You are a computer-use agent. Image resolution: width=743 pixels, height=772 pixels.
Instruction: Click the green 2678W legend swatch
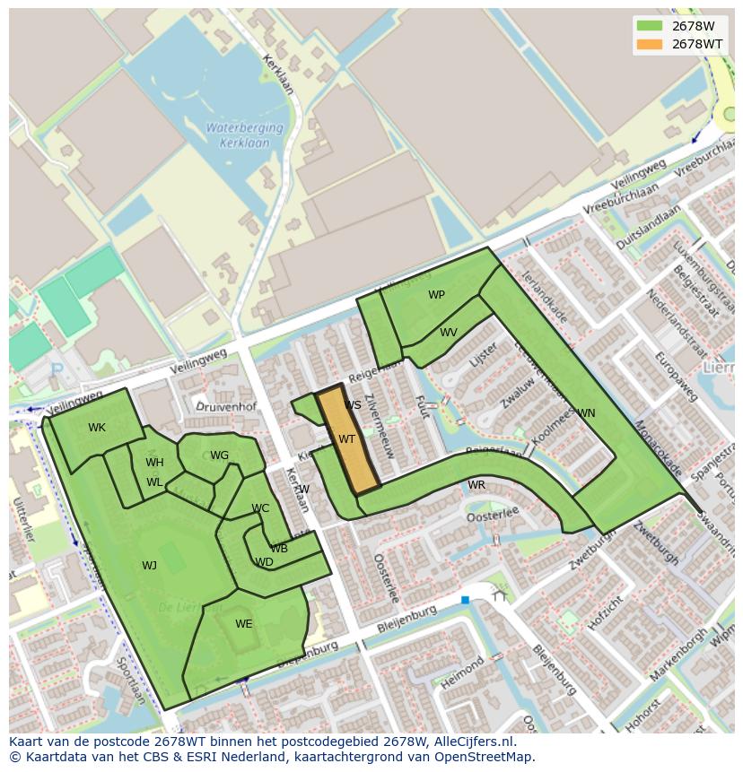649,26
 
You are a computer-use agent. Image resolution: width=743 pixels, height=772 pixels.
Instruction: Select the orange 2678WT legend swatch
649,44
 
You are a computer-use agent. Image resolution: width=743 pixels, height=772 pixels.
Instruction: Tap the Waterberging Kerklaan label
244,134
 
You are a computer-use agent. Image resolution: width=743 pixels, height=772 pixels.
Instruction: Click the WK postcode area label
97,428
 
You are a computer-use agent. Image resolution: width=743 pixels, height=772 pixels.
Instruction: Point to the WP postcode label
436,295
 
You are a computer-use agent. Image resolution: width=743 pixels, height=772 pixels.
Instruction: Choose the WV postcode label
449,333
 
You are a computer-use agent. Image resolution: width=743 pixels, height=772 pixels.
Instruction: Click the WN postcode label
586,413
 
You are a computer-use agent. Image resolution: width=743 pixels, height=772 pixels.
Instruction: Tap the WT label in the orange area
346,439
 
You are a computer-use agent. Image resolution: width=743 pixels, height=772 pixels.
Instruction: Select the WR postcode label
476,485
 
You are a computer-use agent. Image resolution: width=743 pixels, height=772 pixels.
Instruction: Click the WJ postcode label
149,566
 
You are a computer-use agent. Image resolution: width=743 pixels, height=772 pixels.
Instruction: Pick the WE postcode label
244,624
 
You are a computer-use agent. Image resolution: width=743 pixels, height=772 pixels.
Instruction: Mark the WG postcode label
220,455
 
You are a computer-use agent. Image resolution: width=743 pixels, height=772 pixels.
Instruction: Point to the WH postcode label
154,463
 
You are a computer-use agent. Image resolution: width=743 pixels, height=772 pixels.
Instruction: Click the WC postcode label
260,508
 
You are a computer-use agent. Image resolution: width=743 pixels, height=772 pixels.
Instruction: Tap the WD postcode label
264,563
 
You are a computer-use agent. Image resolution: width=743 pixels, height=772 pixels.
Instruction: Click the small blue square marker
465,600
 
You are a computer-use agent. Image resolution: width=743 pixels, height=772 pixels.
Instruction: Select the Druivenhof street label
226,407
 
